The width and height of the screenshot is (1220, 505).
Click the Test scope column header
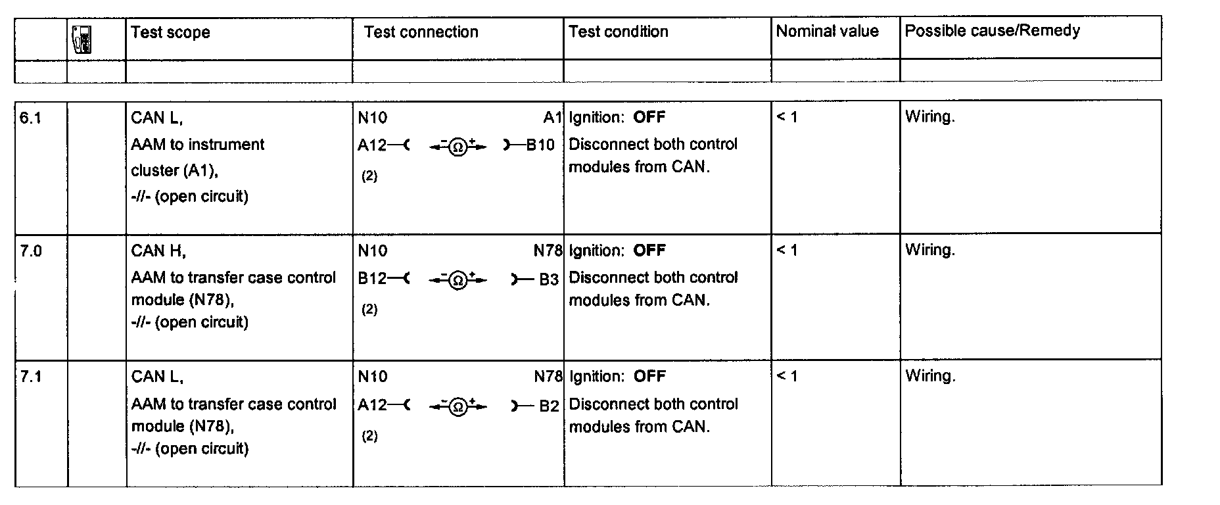[x=170, y=32]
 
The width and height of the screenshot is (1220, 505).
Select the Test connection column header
[x=421, y=32]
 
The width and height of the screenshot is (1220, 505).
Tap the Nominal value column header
[x=827, y=31]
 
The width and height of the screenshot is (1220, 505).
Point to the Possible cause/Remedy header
[x=992, y=30]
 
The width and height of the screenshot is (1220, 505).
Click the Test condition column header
[x=618, y=31]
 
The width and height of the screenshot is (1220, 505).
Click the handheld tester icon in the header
[x=82, y=39]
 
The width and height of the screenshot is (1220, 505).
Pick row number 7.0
[x=31, y=251]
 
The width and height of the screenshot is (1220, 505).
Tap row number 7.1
[x=31, y=377]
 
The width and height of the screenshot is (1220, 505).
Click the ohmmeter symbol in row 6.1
[x=457, y=147]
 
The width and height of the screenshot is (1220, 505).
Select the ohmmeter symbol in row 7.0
[x=457, y=281]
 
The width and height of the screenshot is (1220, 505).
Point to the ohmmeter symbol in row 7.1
[x=457, y=407]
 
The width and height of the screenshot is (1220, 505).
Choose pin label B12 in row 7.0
[x=372, y=279]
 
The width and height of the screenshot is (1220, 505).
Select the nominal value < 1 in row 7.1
[x=787, y=376]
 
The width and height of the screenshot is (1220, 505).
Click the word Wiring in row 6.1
[x=929, y=117]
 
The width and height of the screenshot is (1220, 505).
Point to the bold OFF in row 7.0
[x=649, y=251]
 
